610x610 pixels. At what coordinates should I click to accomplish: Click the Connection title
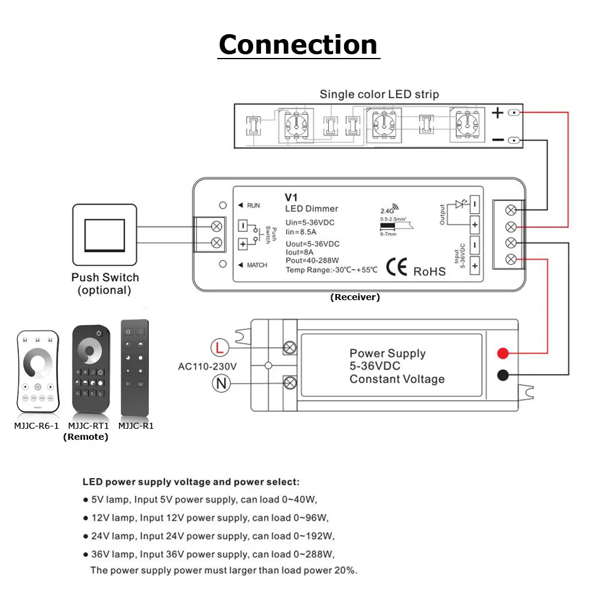coord(298,45)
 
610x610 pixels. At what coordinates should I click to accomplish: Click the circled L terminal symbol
coord(220,348)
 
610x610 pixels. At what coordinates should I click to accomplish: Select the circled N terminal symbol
coord(220,383)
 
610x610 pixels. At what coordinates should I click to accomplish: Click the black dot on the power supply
coord(503,375)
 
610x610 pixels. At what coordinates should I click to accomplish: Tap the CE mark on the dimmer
coord(397,270)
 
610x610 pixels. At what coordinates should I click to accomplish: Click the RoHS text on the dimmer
coord(430,271)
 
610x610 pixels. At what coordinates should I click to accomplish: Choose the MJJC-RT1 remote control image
coord(90,368)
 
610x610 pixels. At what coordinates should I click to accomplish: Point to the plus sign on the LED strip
coord(498,113)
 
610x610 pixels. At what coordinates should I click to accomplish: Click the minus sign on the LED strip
coord(498,140)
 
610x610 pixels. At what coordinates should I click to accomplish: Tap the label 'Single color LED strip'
coord(379,95)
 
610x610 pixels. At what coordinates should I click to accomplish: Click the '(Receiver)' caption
coord(355,298)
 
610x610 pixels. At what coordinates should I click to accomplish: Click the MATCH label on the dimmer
coord(256,265)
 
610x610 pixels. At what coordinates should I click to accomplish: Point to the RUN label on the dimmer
coord(253,205)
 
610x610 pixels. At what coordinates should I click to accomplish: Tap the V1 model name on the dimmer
coord(290,198)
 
